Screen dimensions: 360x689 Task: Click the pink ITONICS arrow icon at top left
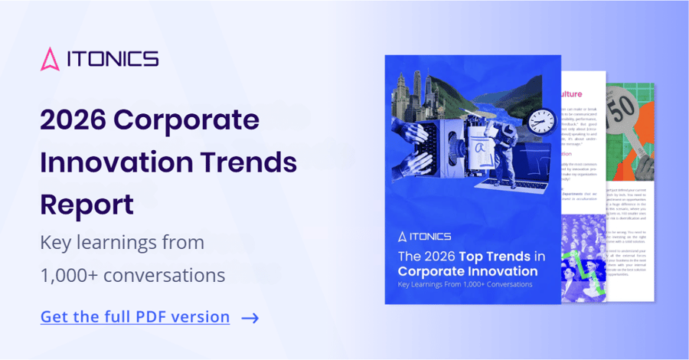tap(50, 59)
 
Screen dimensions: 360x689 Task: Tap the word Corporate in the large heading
tap(198, 120)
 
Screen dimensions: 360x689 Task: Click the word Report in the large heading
tap(87, 205)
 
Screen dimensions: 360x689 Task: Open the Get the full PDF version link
tap(135, 316)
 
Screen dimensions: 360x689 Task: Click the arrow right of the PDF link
tap(250, 317)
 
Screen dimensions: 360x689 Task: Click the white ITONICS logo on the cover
tap(424, 236)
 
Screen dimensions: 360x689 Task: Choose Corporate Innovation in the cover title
tap(467, 271)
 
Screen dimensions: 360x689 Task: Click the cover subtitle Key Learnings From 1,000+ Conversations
tap(465, 285)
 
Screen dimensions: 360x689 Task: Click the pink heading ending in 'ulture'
tap(577, 94)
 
